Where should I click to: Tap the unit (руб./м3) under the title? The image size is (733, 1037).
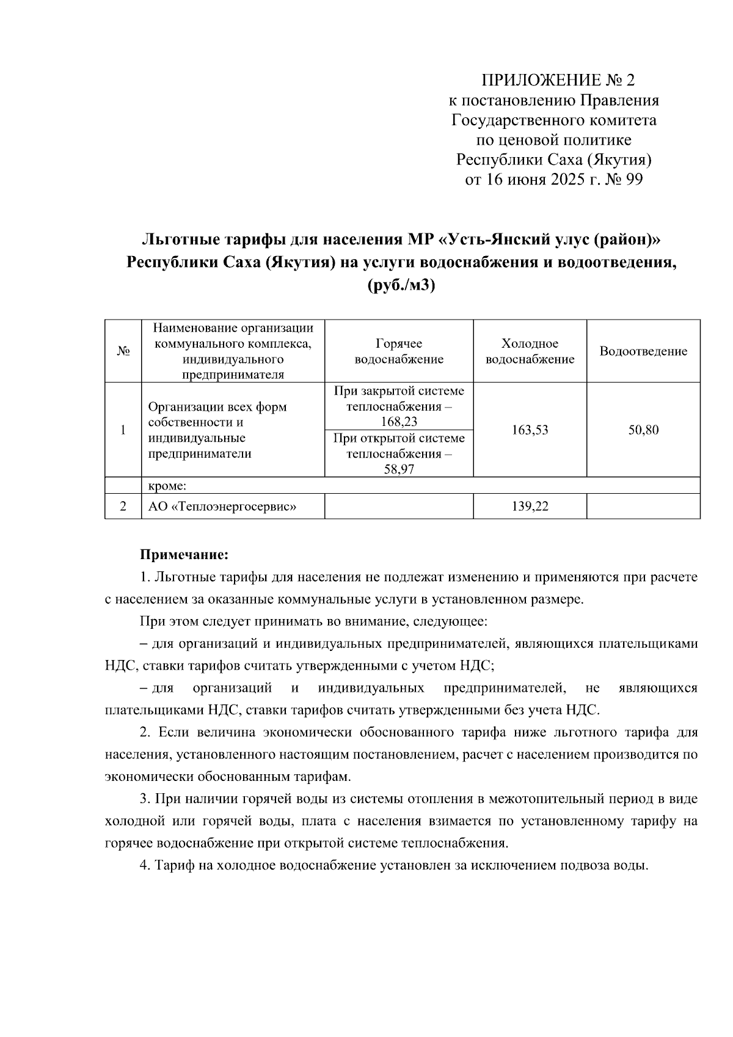[401, 285]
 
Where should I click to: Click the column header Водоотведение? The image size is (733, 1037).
[643, 351]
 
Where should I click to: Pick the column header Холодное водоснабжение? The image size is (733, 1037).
[530, 351]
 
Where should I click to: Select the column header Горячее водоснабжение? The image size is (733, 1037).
[399, 351]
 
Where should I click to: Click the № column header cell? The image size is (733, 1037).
[123, 351]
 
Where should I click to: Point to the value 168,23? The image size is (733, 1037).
[399, 422]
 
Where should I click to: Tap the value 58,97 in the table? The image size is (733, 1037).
[399, 469]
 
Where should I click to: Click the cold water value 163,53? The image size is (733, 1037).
[530, 430]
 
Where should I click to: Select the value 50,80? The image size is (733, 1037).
[643, 430]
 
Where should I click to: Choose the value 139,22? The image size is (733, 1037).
[530, 507]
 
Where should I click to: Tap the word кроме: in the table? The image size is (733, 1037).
[167, 486]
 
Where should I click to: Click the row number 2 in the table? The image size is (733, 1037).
[123, 507]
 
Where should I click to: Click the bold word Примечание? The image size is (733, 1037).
[184, 555]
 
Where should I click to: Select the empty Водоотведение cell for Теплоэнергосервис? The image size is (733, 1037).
[643, 507]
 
